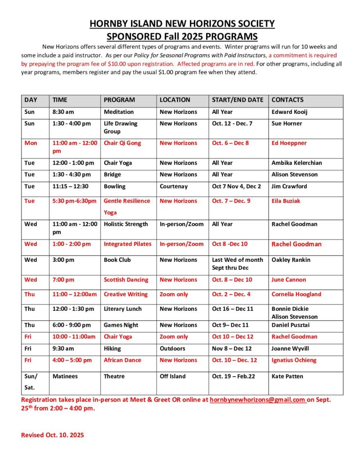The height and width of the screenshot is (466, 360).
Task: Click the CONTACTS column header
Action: point(287,100)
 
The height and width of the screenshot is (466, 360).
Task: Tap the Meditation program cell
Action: point(119,112)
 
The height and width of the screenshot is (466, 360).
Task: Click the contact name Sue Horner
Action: point(287,124)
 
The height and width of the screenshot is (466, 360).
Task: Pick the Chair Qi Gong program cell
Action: point(122,143)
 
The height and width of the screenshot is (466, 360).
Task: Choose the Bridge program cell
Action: point(112,175)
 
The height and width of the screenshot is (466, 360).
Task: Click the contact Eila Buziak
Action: point(286,201)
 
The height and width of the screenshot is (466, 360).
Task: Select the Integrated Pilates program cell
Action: point(127,244)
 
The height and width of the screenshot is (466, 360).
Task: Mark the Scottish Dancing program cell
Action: point(126,280)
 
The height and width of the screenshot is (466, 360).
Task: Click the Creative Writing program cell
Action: point(126,294)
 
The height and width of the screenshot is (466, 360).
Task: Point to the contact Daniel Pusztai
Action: point(291,325)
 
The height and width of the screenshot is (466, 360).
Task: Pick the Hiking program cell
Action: point(112,349)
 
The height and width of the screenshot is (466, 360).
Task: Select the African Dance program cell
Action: point(122,360)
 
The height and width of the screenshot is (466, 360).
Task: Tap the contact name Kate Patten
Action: point(287,377)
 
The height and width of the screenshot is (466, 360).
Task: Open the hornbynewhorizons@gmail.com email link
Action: point(257,400)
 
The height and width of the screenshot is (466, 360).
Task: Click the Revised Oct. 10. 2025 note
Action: point(53,435)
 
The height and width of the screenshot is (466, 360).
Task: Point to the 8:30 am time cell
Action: point(61,112)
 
